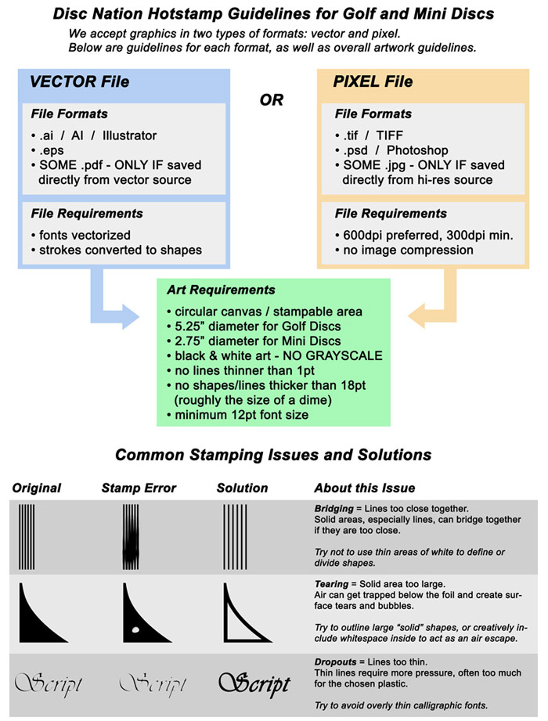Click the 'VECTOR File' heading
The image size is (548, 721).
(x=79, y=81)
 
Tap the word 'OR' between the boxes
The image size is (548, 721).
(x=272, y=100)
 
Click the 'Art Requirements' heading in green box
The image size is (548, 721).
(x=221, y=290)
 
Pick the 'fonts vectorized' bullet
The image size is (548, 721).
(x=80, y=235)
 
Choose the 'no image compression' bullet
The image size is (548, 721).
(x=403, y=251)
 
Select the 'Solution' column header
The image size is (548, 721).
(x=242, y=488)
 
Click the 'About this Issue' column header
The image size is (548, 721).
(x=364, y=488)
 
